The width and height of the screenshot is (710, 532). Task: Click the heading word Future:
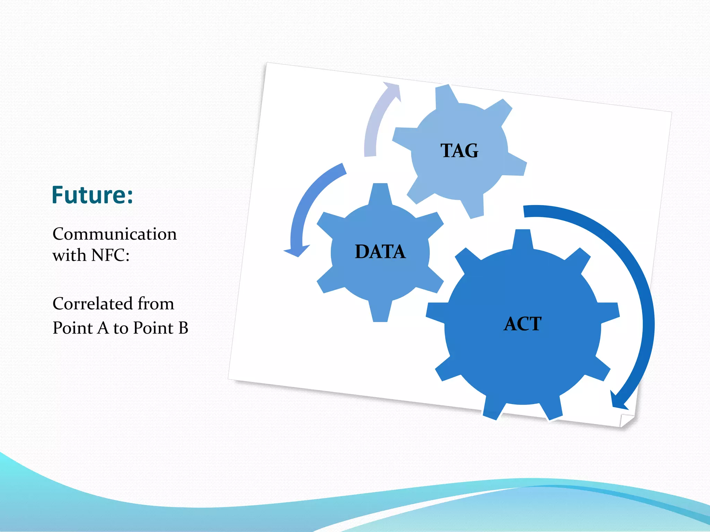point(92,195)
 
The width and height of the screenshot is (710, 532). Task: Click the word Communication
point(114,234)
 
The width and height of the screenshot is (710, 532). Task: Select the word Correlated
point(93,304)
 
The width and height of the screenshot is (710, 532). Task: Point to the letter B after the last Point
point(183,328)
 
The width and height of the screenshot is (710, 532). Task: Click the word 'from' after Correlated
point(156,304)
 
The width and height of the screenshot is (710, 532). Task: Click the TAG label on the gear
point(459,151)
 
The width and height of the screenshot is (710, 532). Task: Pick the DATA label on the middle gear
point(380,252)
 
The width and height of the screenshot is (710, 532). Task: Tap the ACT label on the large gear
point(522,324)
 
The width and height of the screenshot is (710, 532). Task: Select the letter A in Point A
point(103,328)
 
